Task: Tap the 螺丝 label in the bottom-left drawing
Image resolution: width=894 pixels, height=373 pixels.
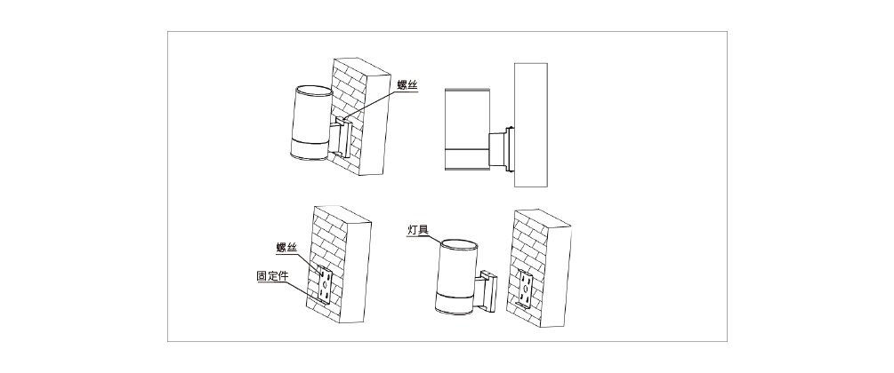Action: coord(286,248)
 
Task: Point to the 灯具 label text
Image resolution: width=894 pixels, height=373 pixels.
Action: coord(417,231)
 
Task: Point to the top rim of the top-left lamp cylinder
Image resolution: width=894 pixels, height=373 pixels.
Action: coord(310,89)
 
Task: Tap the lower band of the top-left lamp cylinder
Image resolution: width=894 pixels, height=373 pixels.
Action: coord(307,150)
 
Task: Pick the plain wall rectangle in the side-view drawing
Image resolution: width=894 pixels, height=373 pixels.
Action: coord(530,124)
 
